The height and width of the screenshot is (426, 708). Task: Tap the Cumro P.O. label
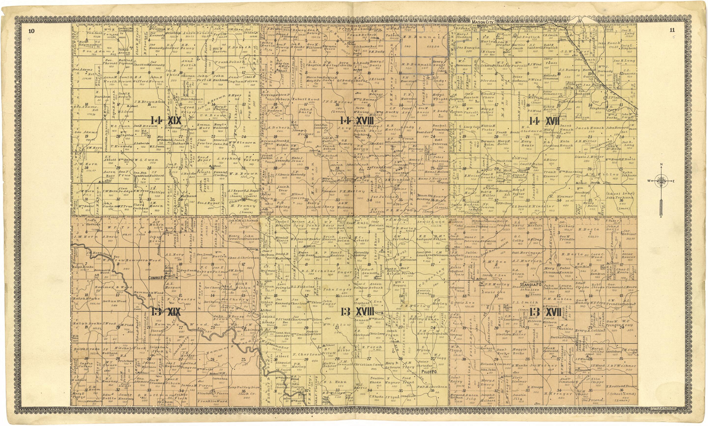pos(156,278)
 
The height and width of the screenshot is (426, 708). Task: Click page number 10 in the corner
pos(31,31)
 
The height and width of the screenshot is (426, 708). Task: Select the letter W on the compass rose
pos(649,181)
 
